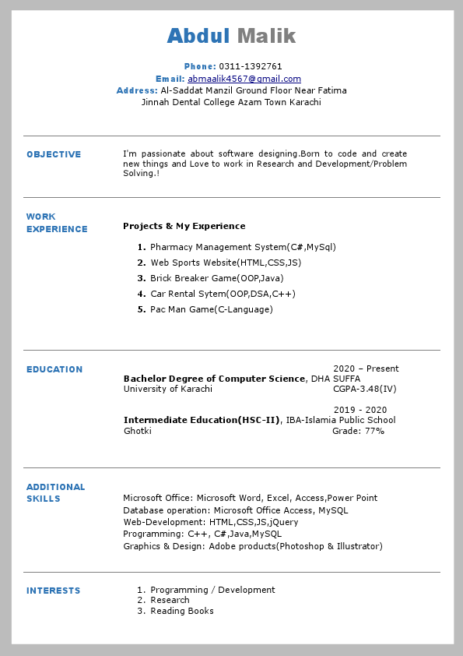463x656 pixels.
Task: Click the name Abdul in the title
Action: [x=198, y=36]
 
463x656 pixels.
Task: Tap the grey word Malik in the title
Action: [x=266, y=36]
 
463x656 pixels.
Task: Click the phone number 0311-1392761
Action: [x=251, y=67]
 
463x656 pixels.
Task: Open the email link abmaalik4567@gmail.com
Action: [x=244, y=79]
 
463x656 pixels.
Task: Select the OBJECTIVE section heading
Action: [x=54, y=155]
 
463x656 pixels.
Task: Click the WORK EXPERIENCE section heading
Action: [x=56, y=223]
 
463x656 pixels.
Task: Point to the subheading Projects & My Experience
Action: [x=184, y=227]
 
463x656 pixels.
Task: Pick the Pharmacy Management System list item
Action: [x=243, y=248]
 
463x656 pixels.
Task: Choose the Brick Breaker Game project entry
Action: [x=217, y=279]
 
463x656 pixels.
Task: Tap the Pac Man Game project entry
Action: [x=212, y=310]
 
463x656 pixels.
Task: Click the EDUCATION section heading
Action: [x=54, y=370]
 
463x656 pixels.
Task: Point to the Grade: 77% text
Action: [x=358, y=432]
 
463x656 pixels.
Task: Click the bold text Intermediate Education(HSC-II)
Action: [x=202, y=421]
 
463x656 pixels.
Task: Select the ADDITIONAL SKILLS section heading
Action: [x=55, y=493]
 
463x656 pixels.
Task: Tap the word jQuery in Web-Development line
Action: [x=284, y=523]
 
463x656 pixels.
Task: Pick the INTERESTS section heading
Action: [x=53, y=591]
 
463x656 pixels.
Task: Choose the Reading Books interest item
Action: [x=182, y=612]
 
